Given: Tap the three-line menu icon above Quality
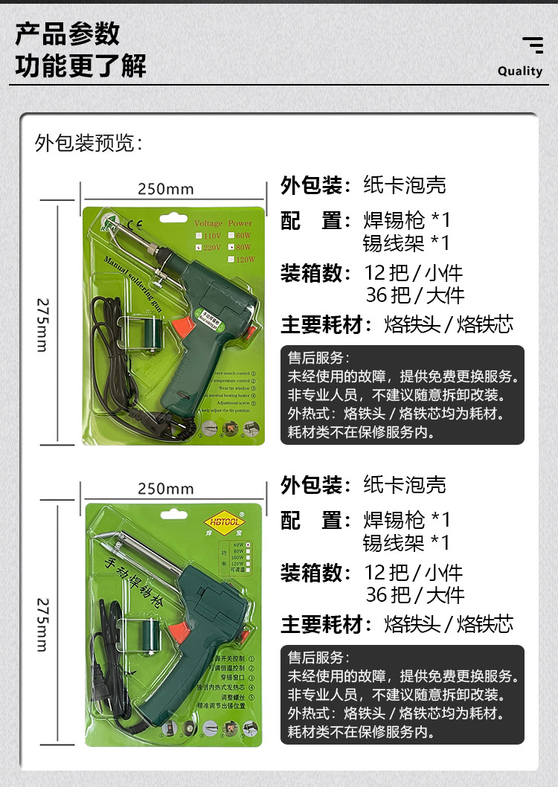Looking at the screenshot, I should [x=533, y=45].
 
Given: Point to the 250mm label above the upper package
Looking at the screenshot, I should [x=165, y=189].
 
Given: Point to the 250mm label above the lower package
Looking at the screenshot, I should [x=165, y=489].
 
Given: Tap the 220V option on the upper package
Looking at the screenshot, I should [x=208, y=246].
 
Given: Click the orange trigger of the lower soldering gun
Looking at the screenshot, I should [x=178, y=632].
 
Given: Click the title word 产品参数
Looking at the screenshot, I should [x=68, y=35].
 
